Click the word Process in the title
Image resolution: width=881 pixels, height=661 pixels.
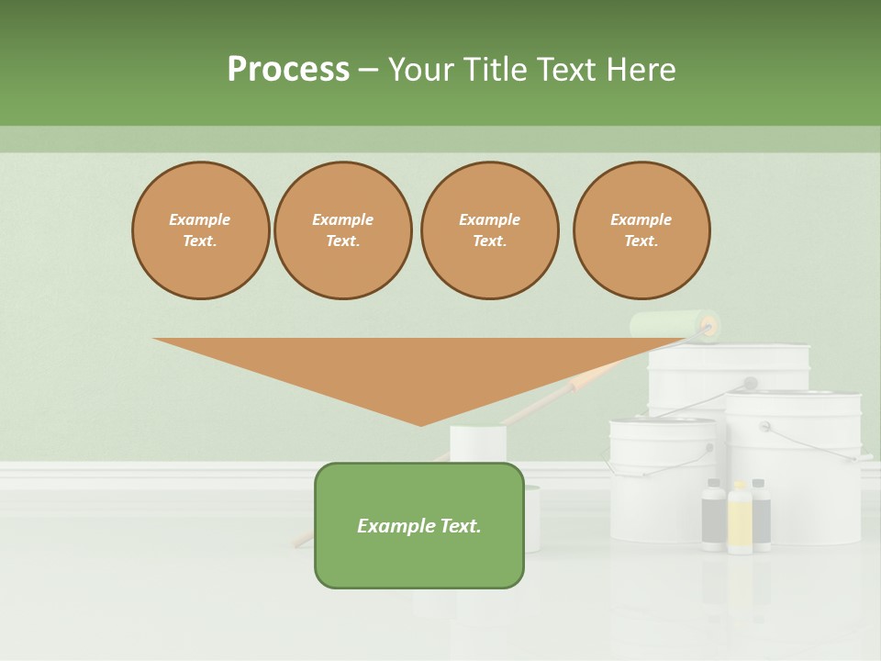point(288,70)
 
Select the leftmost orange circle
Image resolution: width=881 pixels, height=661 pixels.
point(200,230)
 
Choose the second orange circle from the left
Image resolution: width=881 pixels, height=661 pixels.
point(343,230)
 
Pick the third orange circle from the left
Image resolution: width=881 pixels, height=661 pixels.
point(489,230)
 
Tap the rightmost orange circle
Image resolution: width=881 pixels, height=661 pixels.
point(641,230)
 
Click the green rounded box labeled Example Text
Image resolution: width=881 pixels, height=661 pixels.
point(419,525)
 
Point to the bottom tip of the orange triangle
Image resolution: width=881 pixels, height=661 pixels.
point(421,424)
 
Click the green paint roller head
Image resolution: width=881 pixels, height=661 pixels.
point(670,324)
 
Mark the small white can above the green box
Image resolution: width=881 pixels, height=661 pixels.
point(477,443)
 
